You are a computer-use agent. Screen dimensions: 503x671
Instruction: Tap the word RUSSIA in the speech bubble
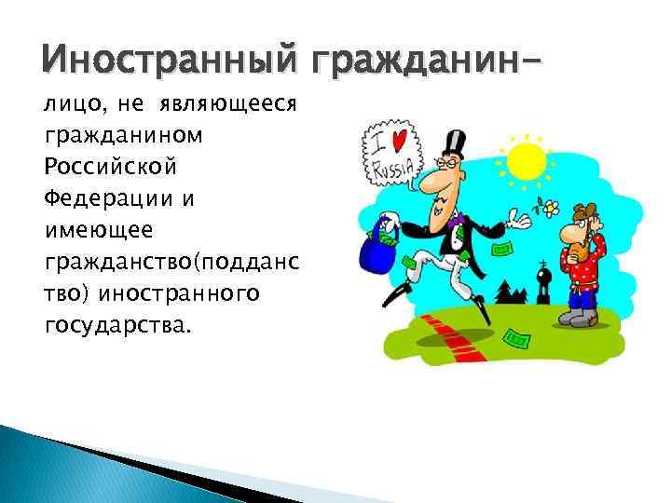(x=390, y=170)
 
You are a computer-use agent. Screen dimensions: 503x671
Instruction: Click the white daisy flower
(x=552, y=205)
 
